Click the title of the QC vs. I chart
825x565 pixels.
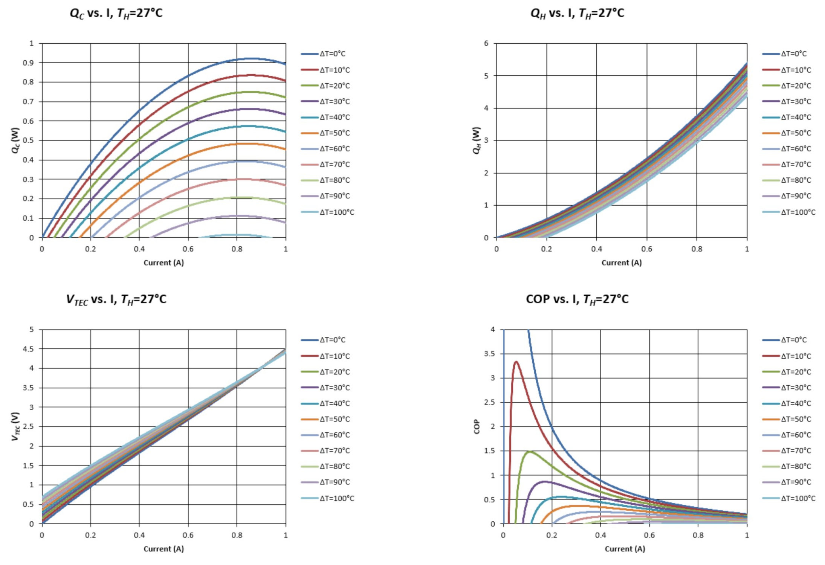(x=116, y=14)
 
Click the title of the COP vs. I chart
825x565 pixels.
(x=577, y=299)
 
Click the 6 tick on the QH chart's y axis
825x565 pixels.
(x=486, y=43)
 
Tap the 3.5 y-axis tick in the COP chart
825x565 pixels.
(x=489, y=354)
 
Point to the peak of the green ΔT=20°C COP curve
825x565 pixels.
(x=530, y=451)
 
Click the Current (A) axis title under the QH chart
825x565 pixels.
(x=622, y=263)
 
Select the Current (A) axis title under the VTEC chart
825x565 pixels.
(x=163, y=549)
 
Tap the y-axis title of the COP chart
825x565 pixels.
(x=477, y=427)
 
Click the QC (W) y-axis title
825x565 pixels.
(x=15, y=140)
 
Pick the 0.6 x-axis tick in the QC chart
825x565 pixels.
(x=188, y=249)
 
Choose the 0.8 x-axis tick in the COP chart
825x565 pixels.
(x=698, y=535)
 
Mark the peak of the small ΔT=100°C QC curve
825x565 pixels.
(x=237, y=235)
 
